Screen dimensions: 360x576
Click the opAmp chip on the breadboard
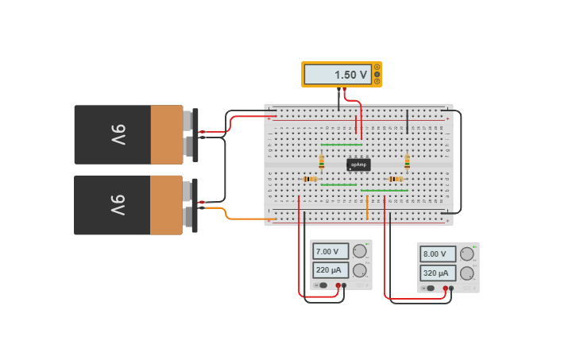(358, 165)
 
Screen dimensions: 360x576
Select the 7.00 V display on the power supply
(331, 251)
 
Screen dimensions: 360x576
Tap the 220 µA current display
(331, 269)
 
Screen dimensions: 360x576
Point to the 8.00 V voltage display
(438, 254)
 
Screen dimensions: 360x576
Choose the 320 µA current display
(438, 273)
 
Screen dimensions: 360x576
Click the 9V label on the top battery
(118, 134)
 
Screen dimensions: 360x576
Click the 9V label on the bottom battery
(118, 204)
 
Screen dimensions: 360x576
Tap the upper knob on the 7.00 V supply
(360, 251)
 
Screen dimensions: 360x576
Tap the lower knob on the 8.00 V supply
(467, 273)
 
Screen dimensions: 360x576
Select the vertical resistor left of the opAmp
(322, 162)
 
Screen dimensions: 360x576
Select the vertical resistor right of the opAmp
(408, 162)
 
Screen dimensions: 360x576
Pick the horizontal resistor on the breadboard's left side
(311, 179)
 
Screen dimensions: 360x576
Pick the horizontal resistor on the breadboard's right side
(395, 179)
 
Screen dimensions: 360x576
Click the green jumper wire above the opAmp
(341, 145)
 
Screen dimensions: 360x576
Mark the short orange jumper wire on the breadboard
(367, 207)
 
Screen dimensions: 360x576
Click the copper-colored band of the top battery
(167, 134)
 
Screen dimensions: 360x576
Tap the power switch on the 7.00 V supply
(322, 285)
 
